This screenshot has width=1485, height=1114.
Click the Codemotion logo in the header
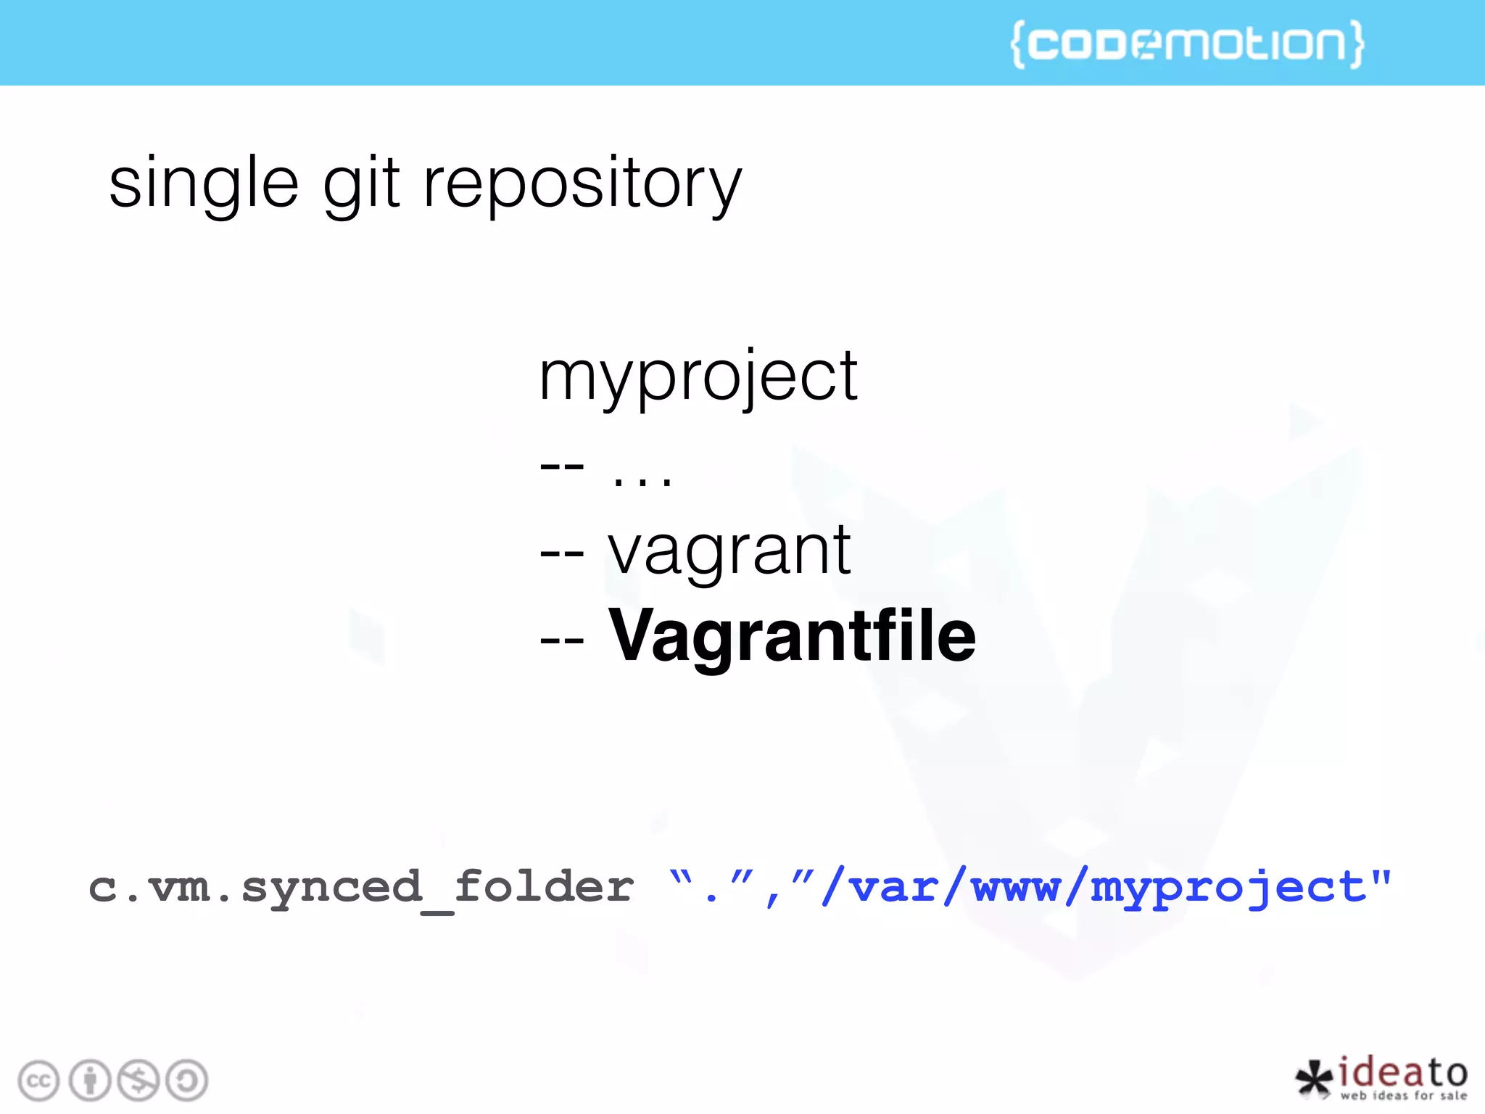[1187, 44]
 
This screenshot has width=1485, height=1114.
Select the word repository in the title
[582, 185]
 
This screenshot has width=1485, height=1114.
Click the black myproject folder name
[698, 377]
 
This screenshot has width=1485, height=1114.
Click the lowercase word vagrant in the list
[729, 551]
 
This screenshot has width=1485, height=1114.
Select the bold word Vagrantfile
[792, 637]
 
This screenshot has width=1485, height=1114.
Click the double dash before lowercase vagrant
[562, 555]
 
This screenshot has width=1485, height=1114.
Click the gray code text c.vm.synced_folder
[360, 888]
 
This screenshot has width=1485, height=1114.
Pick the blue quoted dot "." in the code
[711, 888]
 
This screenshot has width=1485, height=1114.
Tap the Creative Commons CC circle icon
[38, 1081]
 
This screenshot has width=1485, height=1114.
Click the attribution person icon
[90, 1081]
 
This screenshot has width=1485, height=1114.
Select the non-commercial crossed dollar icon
[138, 1081]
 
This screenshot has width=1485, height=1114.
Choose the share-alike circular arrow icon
[187, 1081]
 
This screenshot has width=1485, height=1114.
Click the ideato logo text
[1403, 1072]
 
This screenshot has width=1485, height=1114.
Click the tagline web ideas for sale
[1403, 1096]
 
